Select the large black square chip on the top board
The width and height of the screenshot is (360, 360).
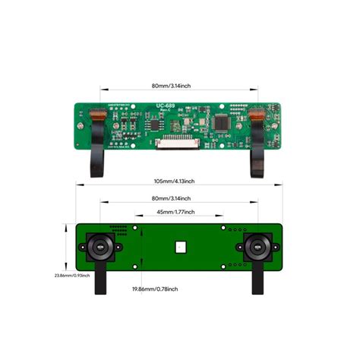coord(222,121)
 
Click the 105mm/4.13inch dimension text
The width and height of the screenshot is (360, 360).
coord(174,182)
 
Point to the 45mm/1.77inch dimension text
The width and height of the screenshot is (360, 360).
coord(175,212)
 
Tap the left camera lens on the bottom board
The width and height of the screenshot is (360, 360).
coord(99,247)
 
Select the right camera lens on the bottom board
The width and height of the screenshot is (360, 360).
coord(257,247)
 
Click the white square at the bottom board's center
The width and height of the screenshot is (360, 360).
coord(181,246)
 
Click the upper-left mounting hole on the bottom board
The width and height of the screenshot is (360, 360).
coord(135,226)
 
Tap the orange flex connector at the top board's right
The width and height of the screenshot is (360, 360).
coord(258,115)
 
